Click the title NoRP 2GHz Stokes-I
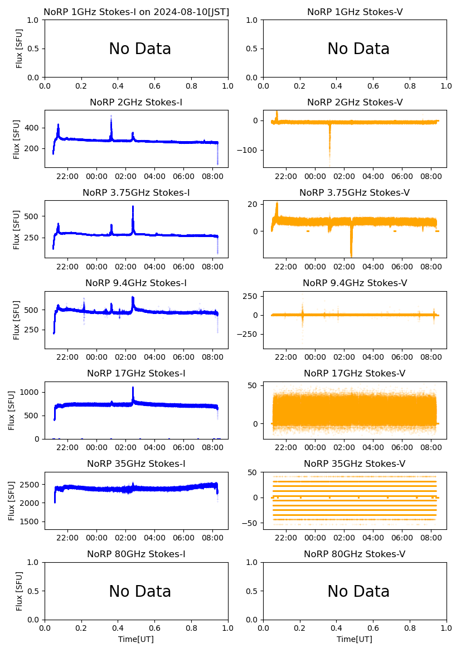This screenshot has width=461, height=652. click(136, 103)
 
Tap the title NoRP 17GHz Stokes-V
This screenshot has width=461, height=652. click(355, 374)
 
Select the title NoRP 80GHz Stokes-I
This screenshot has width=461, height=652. click(136, 554)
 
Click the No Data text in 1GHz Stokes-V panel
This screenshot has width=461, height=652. click(358, 49)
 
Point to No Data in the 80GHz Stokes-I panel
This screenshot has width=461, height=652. click(140, 592)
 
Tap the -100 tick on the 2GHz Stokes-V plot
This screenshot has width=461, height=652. click(249, 151)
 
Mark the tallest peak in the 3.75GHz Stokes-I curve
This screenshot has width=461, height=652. click(133, 207)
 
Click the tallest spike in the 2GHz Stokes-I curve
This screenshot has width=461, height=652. click(111, 116)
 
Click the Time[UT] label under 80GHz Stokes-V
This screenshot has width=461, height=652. click(355, 639)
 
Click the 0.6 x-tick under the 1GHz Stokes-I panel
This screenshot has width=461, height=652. click(154, 87)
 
